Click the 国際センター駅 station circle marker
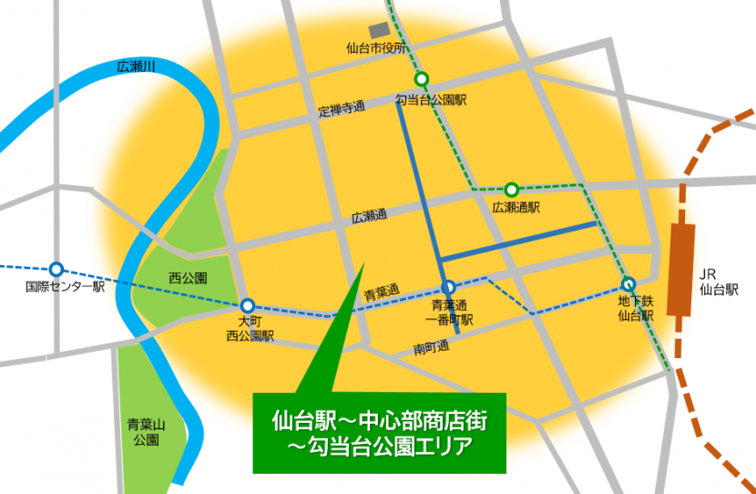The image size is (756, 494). click(x=56, y=269)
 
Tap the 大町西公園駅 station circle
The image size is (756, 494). click(x=248, y=306)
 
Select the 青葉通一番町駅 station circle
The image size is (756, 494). click(x=448, y=286)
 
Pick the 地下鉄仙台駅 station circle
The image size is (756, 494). click(x=628, y=283)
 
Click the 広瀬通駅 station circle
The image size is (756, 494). click(x=512, y=190)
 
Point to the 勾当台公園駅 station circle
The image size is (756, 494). click(x=423, y=78)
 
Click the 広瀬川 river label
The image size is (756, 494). click(x=137, y=67)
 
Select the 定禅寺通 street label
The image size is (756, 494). click(x=342, y=109)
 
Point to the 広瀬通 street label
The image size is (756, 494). click(x=369, y=218)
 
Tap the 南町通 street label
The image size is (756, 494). click(x=431, y=347)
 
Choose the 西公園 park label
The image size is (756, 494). click(x=189, y=277)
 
